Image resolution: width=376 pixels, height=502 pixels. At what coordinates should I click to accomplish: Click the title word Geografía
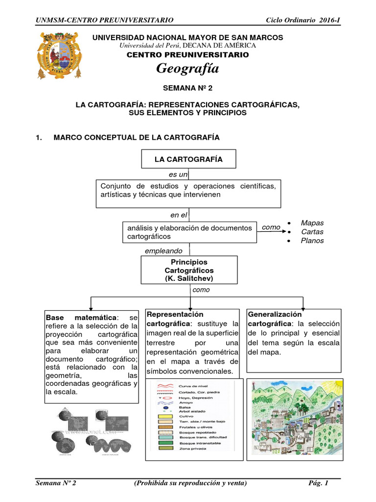pos(188,69)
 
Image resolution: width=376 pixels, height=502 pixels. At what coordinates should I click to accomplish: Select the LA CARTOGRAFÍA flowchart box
pos(188,159)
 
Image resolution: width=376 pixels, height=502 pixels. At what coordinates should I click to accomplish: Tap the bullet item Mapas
pos(312,223)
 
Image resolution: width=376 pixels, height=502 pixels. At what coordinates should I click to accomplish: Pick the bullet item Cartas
pos(312,232)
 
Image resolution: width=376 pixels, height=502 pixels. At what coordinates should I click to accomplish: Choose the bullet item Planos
pos(312,241)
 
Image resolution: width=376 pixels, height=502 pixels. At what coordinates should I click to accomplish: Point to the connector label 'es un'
pos(178,175)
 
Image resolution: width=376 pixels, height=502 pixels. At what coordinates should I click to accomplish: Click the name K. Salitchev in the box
pos(189,278)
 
